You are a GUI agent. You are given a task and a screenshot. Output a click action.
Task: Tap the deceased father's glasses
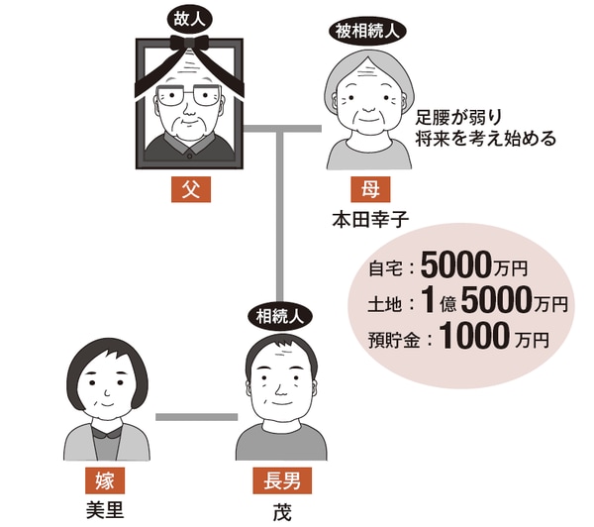(x=192, y=98)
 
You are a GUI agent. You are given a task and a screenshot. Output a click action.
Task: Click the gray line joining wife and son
(x=196, y=415)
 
